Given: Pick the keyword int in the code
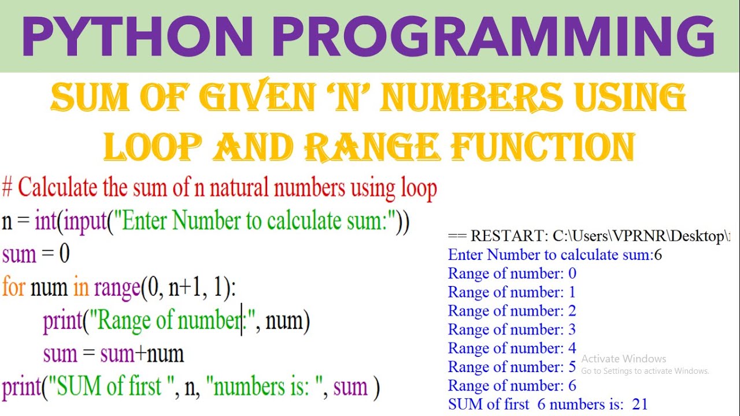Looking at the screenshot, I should [46, 222].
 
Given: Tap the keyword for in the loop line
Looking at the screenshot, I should [13, 287].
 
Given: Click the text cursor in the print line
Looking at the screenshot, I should [242, 320].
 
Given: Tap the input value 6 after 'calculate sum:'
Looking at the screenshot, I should [657, 255].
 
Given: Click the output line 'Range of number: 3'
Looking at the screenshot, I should [512, 330].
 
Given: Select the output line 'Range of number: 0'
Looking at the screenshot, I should [512, 273].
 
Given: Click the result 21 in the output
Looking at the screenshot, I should [639, 404].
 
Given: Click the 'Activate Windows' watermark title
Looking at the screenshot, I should [623, 359].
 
